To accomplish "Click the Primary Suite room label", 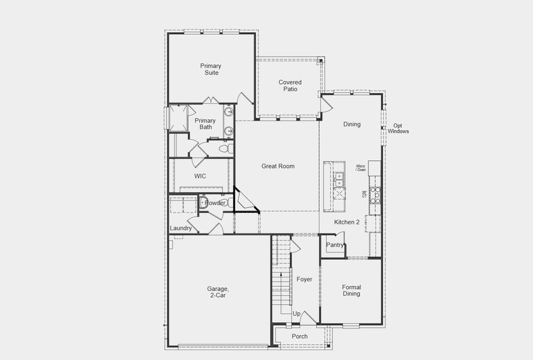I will pyautogui.click(x=210, y=69).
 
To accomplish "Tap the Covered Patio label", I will pyautogui.click(x=290, y=85).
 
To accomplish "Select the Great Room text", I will pyautogui.click(x=278, y=166).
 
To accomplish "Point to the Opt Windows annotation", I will pyautogui.click(x=398, y=128).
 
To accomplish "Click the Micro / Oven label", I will pyautogui.click(x=361, y=168).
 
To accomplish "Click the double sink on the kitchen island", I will pyautogui.click(x=339, y=178).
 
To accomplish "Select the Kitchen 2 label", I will pyautogui.click(x=347, y=222).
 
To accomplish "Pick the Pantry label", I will pyautogui.click(x=335, y=245).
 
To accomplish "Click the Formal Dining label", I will pyautogui.click(x=351, y=290).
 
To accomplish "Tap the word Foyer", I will pyautogui.click(x=304, y=279).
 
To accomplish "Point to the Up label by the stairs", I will pyautogui.click(x=297, y=314).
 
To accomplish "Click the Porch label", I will pyautogui.click(x=300, y=337).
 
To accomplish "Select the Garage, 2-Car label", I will pyautogui.click(x=219, y=292).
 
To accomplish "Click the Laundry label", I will pyautogui.click(x=181, y=228).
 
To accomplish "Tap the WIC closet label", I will pyautogui.click(x=200, y=176).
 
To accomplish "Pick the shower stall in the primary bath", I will pyautogui.click(x=178, y=118).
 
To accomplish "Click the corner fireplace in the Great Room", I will pyautogui.click(x=244, y=202).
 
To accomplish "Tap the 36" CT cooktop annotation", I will pyautogui.click(x=364, y=194).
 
